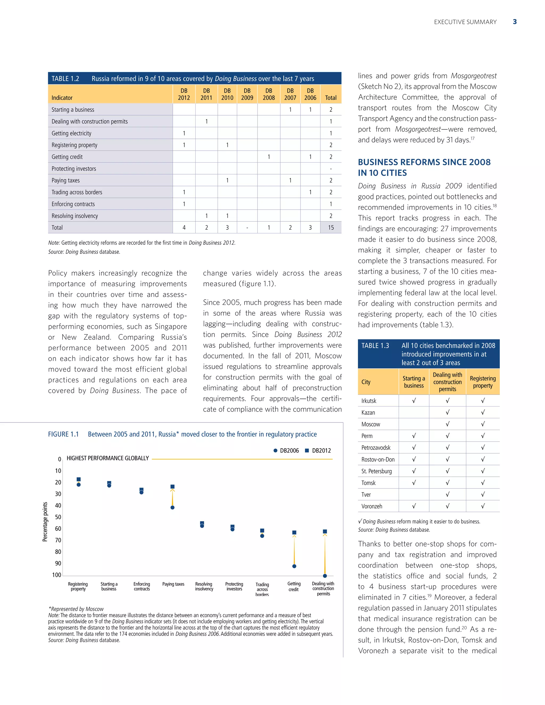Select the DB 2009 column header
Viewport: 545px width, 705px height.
(247, 94)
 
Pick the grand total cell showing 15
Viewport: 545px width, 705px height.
(331, 227)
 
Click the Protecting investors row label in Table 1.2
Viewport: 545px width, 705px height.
(74, 168)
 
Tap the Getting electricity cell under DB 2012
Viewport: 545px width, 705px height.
(184, 133)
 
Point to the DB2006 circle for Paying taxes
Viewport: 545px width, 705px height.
(172, 507)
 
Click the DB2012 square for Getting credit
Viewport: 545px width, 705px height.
(294, 532)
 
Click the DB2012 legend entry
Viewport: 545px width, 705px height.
(318, 451)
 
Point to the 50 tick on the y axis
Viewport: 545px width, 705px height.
(58, 517)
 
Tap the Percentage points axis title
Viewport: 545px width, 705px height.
(45, 522)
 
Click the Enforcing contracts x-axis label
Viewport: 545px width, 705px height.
(142, 586)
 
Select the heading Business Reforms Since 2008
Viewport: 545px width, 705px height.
(424, 167)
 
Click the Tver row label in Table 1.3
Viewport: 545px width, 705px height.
(366, 495)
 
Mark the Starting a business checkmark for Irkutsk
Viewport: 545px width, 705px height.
(414, 401)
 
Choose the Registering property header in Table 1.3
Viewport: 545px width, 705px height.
(482, 382)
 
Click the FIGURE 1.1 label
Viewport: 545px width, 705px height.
(63, 434)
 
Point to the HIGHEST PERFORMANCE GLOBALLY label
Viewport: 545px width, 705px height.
(108, 458)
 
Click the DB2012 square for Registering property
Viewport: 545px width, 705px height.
(79, 479)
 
